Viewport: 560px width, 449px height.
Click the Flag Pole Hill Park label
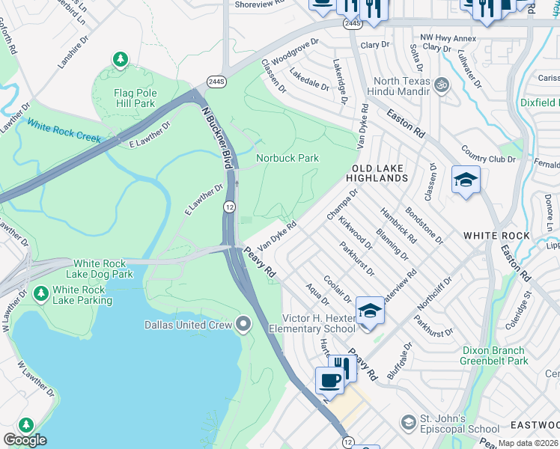click(124, 99)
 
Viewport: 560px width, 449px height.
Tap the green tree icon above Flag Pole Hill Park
click(120, 59)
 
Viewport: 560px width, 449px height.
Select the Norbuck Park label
click(287, 158)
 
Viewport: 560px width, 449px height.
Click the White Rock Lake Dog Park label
click(103, 269)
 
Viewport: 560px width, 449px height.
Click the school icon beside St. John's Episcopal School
click(408, 423)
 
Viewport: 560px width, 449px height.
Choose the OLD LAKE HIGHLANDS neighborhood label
click(377, 173)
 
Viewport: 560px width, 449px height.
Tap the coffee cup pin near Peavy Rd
click(329, 381)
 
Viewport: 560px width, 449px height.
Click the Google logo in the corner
click(25, 440)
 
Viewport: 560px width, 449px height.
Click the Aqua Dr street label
click(317, 294)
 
